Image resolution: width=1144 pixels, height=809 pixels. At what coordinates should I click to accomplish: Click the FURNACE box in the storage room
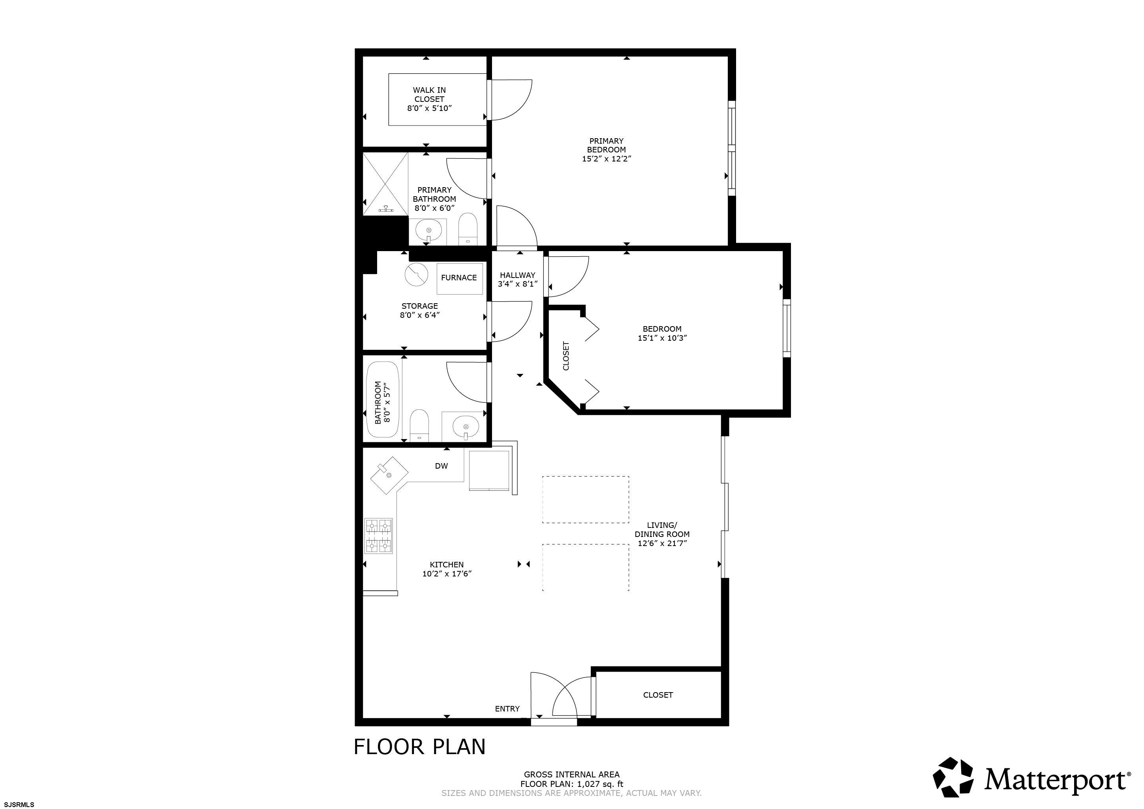(x=459, y=278)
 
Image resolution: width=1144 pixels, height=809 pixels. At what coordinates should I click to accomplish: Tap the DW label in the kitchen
(x=441, y=466)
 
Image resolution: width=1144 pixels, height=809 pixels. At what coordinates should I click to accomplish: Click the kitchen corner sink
(x=389, y=475)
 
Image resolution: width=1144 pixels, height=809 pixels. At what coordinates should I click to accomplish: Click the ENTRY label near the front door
(x=507, y=709)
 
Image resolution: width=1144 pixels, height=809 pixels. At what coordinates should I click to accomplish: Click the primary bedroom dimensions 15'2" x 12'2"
(x=607, y=159)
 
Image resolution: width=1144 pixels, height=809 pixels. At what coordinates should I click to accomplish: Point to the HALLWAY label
(x=518, y=275)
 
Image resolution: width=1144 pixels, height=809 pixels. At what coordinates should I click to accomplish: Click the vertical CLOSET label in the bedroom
(x=566, y=356)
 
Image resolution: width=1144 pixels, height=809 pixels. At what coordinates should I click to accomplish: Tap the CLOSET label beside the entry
(x=658, y=695)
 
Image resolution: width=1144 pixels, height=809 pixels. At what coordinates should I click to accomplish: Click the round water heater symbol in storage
(x=416, y=274)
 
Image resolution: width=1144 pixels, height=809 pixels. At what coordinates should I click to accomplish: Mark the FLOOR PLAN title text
(x=419, y=747)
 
